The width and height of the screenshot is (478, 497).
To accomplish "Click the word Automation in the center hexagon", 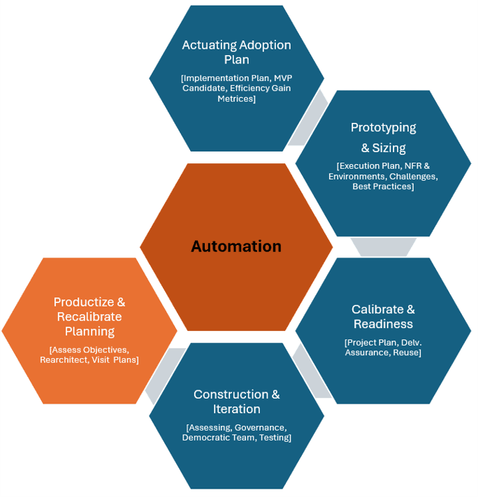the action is coord(236,246).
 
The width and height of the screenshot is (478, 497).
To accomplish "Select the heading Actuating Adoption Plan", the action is coord(236,52).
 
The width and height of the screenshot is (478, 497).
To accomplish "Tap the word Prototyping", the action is coord(383,128).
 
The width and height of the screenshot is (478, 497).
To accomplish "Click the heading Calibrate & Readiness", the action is coord(383,317).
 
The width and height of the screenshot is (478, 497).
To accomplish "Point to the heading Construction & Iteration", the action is coord(236,401).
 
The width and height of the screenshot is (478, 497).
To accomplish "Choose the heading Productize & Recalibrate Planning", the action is coord(89,317).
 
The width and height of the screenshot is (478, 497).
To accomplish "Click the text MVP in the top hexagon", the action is coord(283,78).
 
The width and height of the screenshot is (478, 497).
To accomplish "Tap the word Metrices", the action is coord(236,98).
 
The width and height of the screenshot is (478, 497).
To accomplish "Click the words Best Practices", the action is coord(382,186).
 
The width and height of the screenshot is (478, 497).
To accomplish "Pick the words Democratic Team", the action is coord(219,438).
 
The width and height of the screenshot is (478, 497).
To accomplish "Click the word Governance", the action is coord(261,428).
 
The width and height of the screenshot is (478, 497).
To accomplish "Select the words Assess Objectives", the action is coord(90,350).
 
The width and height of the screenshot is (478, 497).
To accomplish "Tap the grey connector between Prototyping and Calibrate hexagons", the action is coord(383,247).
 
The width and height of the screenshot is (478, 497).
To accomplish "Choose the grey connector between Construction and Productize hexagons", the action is coord(165,376).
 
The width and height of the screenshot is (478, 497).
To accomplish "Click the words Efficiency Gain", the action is coord(260,88).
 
